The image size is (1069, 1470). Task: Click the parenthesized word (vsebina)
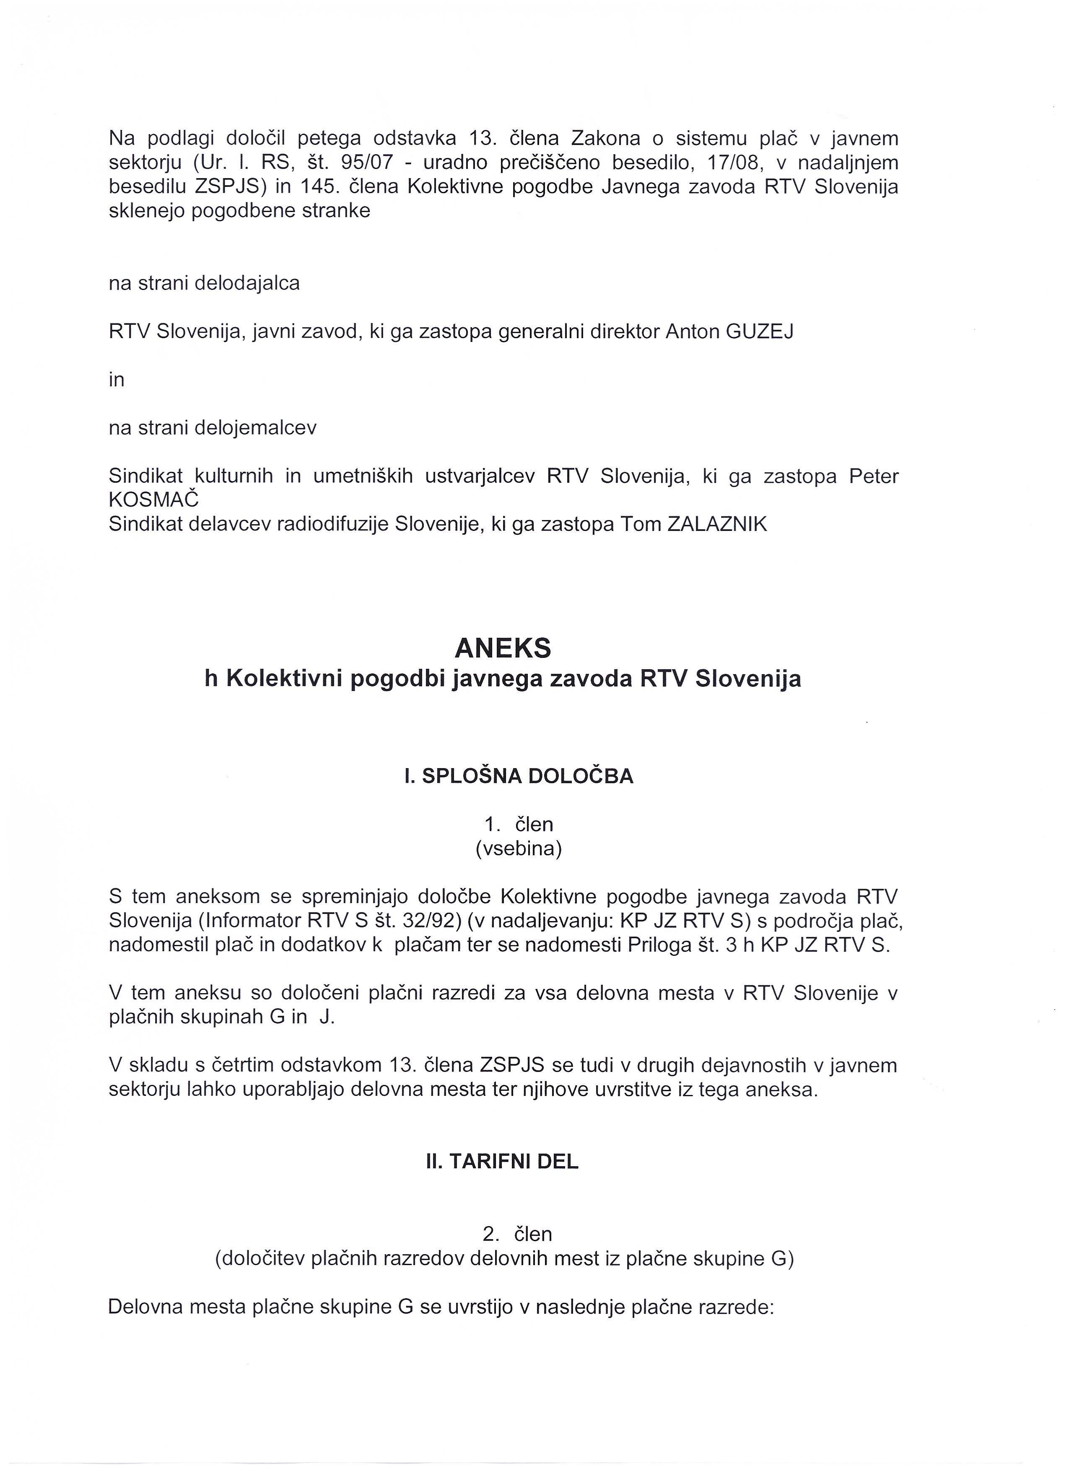[x=519, y=849]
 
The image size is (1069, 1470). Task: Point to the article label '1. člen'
[x=519, y=824]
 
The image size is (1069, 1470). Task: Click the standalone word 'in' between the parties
[x=117, y=379]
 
